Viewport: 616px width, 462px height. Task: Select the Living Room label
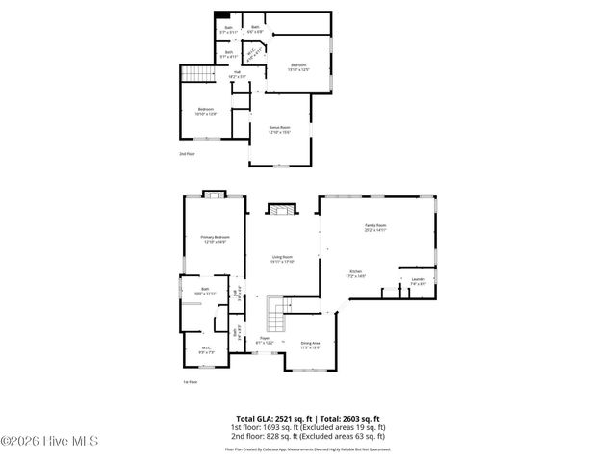(x=281, y=259)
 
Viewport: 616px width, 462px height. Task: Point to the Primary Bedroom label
(x=214, y=239)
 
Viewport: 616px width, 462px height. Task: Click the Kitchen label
(x=356, y=275)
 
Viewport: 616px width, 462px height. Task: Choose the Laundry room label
(x=418, y=281)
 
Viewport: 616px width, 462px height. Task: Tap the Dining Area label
(x=310, y=345)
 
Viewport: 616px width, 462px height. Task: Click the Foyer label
(x=264, y=340)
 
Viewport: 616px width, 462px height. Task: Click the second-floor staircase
(x=196, y=76)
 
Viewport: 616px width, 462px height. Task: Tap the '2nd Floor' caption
(x=187, y=154)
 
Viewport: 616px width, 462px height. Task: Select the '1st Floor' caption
(x=190, y=382)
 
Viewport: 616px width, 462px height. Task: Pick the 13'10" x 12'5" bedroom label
(x=299, y=66)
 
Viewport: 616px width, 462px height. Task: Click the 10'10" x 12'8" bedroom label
(x=207, y=111)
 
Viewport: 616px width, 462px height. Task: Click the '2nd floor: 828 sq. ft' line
(x=307, y=435)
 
